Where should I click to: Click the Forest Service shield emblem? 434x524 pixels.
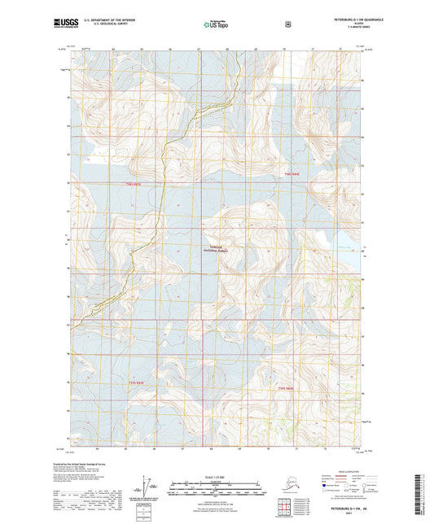point(287,24)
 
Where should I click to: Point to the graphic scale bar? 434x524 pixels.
point(216,490)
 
